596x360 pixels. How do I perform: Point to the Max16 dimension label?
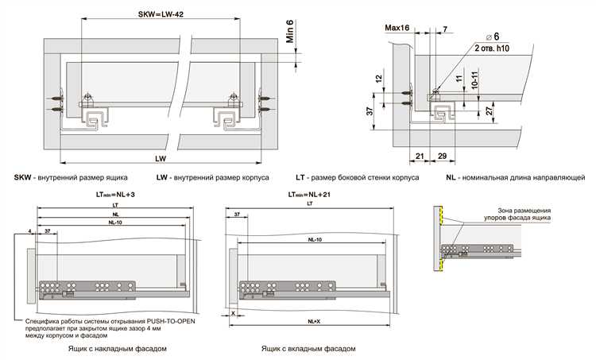(397, 27)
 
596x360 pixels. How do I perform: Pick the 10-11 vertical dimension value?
(474, 82)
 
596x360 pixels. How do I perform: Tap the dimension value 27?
(490, 111)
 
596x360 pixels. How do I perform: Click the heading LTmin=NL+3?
(111, 194)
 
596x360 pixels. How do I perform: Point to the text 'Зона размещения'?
(513, 211)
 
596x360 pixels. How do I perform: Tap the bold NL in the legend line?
(451, 178)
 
